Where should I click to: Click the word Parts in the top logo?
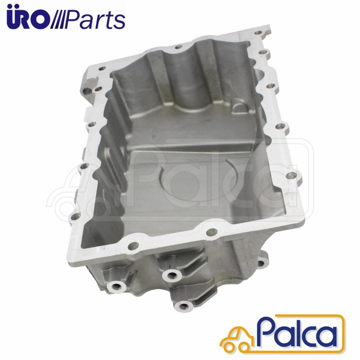point(96,20)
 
